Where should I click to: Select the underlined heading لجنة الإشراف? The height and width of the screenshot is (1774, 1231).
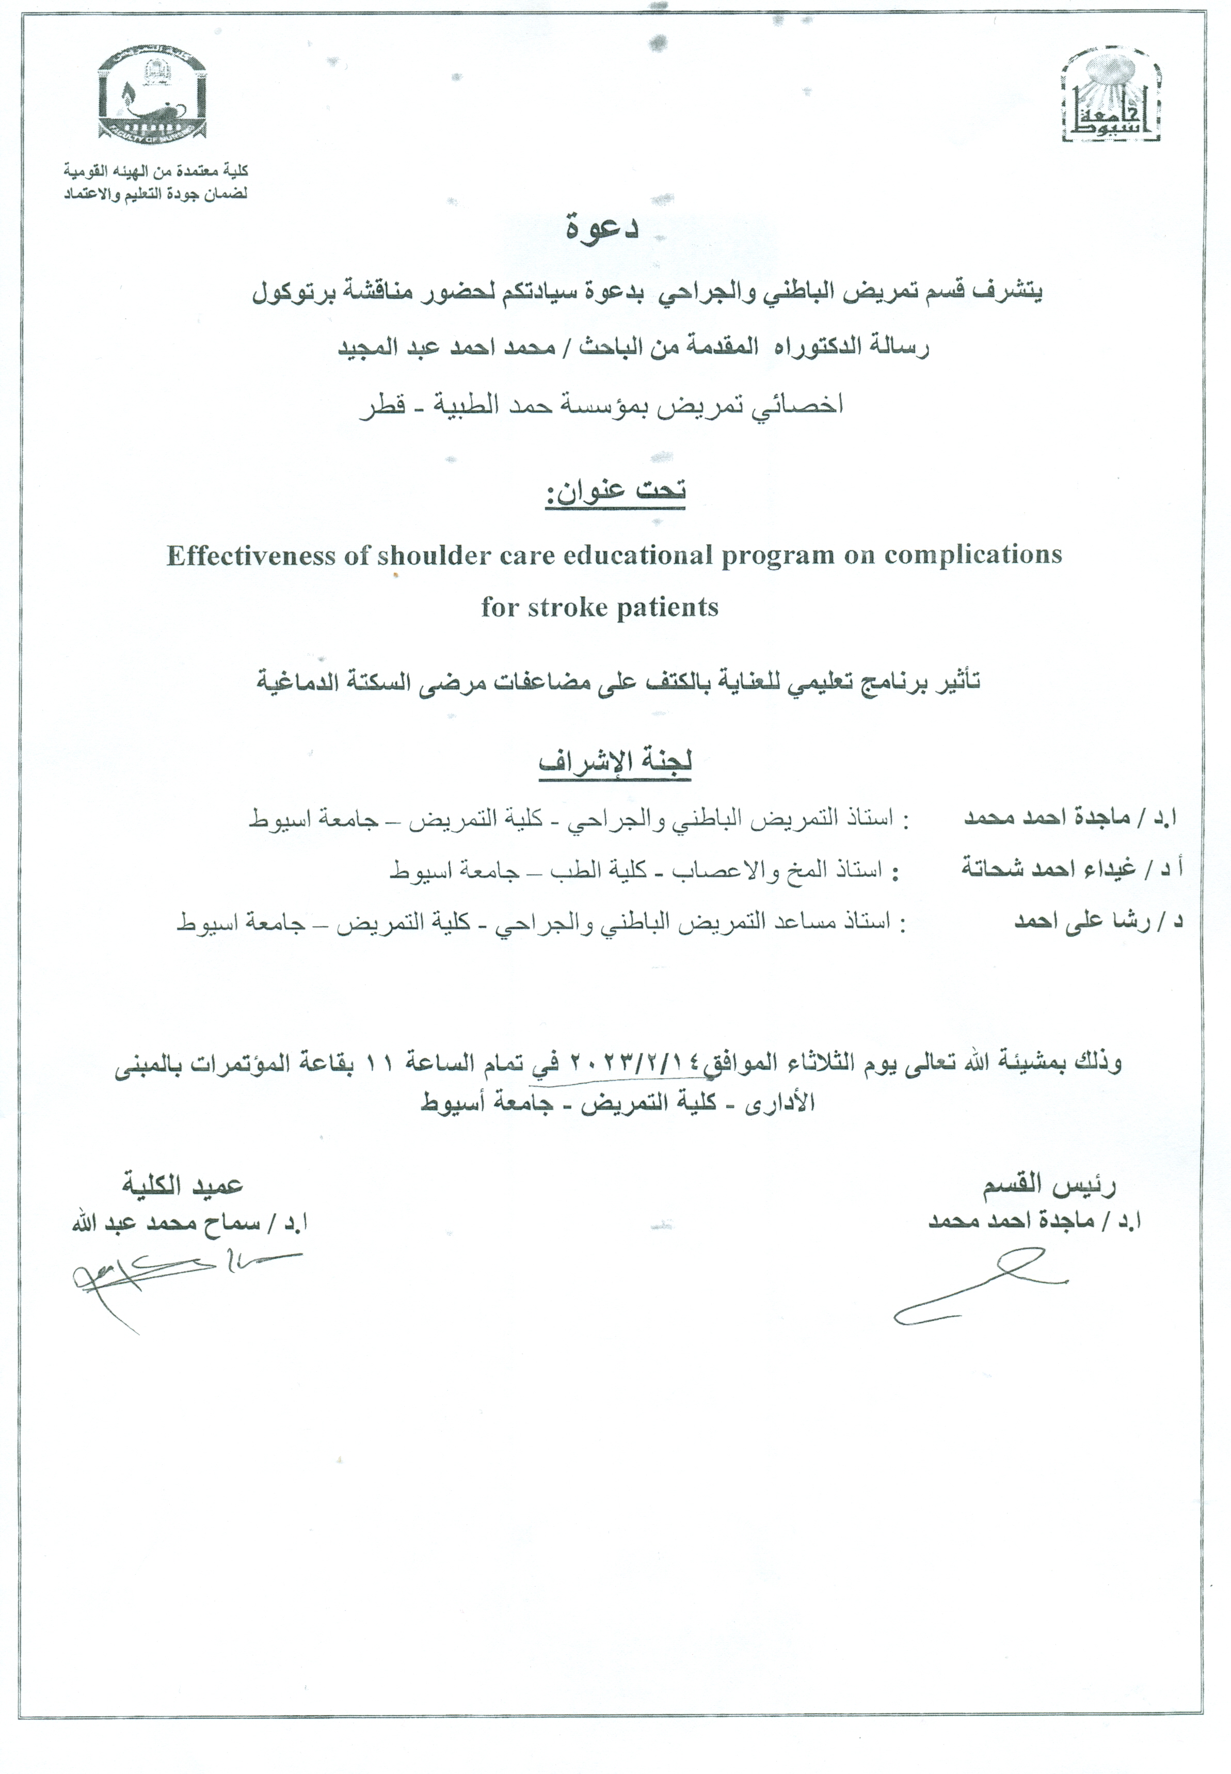click(615, 761)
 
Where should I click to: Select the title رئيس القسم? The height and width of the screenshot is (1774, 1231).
click(1048, 1185)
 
